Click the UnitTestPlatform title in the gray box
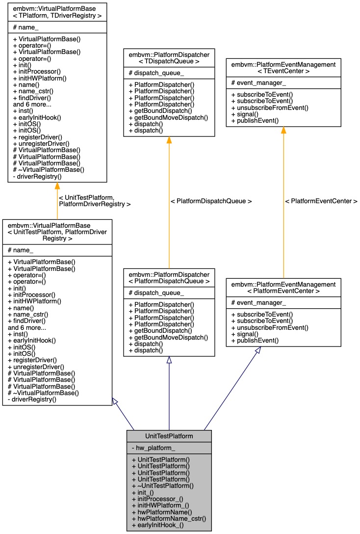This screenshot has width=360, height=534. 169,436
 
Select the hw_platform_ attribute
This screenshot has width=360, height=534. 153,448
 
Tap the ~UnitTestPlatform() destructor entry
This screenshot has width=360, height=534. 163,485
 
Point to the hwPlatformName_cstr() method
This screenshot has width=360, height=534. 169,518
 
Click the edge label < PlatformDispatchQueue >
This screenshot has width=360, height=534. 211,201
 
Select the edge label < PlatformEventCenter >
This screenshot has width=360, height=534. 321,201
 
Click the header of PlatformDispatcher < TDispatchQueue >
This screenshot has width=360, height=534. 169,58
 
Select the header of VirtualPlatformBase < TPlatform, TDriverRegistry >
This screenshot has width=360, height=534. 57,12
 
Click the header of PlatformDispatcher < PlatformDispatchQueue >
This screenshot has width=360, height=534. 169,277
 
